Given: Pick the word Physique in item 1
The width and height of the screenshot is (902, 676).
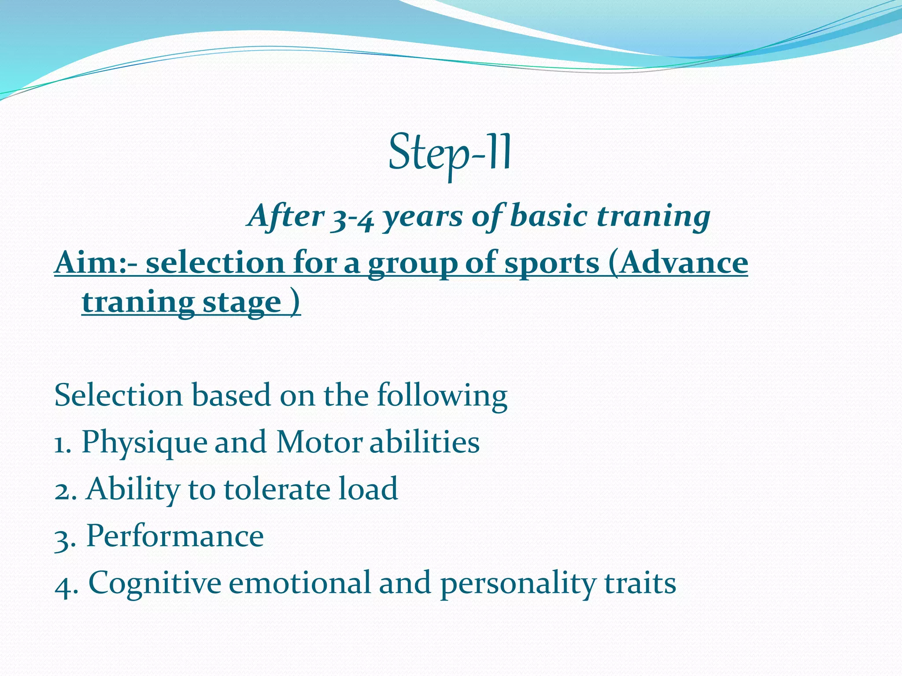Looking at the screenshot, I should pyautogui.click(x=144, y=443).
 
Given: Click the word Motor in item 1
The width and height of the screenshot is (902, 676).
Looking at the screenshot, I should pyautogui.click(x=319, y=442).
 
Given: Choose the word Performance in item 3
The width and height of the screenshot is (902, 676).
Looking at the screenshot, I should pyautogui.click(x=175, y=536).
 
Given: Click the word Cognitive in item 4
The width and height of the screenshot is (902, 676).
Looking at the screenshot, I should pyautogui.click(x=155, y=584).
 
